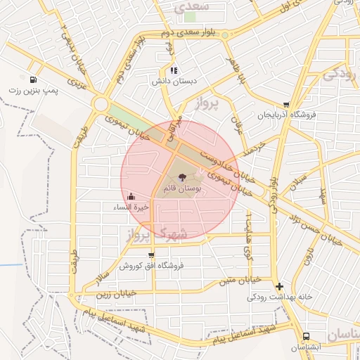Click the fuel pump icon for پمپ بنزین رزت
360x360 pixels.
point(33,79)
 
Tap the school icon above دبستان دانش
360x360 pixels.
point(174,70)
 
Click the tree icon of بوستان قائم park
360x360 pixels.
point(183,177)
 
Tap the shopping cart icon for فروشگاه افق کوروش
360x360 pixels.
point(151,255)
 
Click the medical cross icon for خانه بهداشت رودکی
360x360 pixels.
point(280,286)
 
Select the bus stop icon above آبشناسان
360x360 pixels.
point(307,336)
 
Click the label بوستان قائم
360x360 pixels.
point(183,189)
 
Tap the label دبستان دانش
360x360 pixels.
point(173,82)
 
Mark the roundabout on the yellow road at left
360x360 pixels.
point(101,105)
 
